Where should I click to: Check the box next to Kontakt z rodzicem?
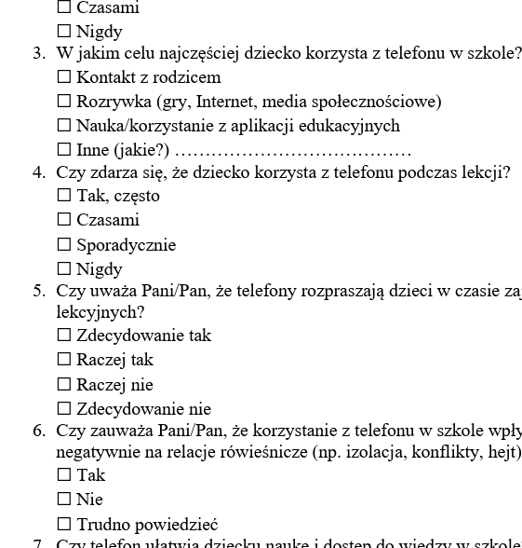(64, 77)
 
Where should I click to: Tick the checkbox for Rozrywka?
(64, 102)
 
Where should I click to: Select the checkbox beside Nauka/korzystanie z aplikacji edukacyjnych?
(64, 126)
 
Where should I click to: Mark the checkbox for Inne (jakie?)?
(64, 150)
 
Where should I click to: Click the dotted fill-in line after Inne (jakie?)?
(293, 152)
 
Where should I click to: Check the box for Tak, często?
(64, 196)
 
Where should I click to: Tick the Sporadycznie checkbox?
(64, 245)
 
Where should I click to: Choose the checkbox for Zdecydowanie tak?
(64, 336)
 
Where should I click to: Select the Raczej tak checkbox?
(64, 360)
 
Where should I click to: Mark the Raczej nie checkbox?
(64, 385)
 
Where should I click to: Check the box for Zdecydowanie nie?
(64, 409)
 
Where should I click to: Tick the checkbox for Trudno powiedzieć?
(64, 525)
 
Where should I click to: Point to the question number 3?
(38, 53)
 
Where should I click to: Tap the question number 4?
(38, 171)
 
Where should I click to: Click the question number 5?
(38, 291)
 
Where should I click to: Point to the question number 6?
(38, 431)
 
